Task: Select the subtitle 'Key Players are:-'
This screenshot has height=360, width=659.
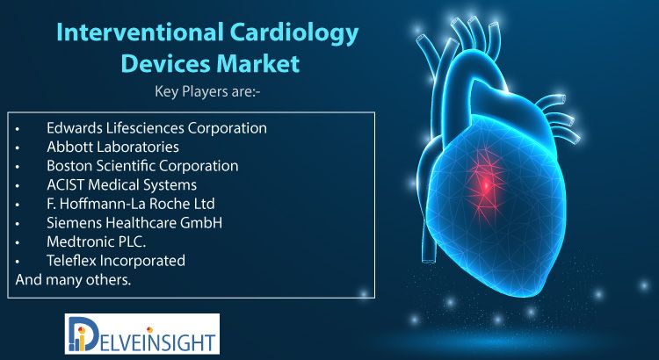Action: [x=207, y=92]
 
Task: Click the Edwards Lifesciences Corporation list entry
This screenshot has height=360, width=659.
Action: [x=156, y=127]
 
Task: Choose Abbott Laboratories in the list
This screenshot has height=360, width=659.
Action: [x=112, y=147]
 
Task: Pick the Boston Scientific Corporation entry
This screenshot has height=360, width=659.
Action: [x=142, y=165]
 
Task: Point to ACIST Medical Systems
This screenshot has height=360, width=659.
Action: [x=121, y=184]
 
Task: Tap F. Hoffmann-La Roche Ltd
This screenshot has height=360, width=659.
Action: [x=131, y=204]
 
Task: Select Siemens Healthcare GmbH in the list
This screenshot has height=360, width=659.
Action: [x=134, y=223]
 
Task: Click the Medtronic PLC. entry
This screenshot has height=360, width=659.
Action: [x=97, y=241]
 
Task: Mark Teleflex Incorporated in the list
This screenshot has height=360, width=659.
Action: [x=116, y=261]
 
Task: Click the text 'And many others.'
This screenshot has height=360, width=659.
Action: [x=73, y=280]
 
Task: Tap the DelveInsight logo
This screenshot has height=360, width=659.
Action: [x=142, y=334]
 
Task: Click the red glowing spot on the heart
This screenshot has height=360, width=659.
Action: [x=486, y=184]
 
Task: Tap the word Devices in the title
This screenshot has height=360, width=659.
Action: [x=165, y=63]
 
